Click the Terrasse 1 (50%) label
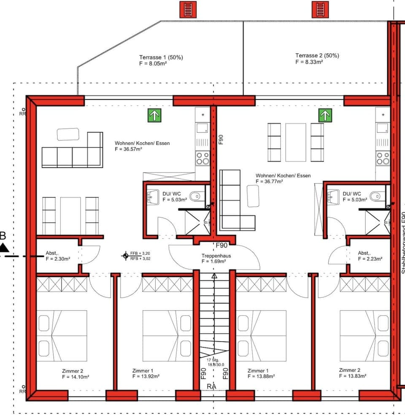161,57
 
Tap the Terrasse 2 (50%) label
317,55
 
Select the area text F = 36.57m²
130,149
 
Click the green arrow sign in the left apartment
154,115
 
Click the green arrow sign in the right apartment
324,115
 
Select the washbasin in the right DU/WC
332,196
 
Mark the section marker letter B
3,235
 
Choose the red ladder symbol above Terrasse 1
188,9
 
